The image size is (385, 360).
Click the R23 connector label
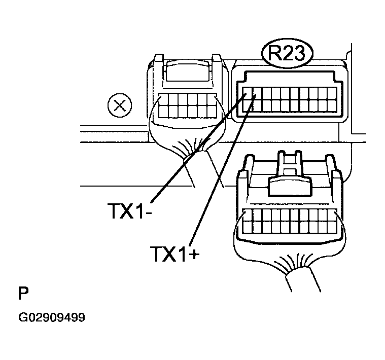pos(287,53)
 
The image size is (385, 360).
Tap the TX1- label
pos(130,211)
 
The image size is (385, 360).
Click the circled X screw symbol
pos(120,106)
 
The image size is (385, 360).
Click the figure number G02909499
pos(52,317)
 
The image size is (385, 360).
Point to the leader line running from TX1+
pos(223,170)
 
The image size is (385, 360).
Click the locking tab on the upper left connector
pos(188,71)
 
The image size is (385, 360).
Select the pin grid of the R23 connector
pos(289,99)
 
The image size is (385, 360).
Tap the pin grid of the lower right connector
pos(289,221)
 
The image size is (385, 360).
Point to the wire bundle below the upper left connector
pos(204,169)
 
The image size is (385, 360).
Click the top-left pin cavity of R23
pos(247,93)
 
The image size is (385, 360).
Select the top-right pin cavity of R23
pos(332,93)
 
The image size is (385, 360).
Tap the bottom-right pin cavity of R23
pos(332,106)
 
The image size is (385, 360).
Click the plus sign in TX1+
pos(194,255)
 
